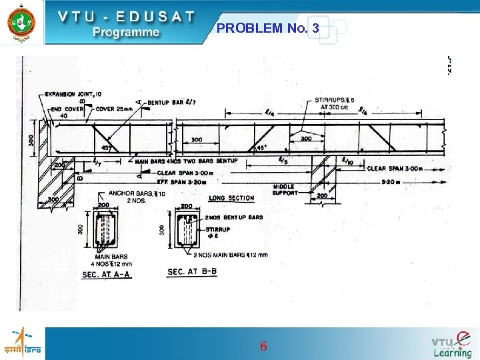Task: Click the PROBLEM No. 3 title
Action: pyautogui.click(x=268, y=28)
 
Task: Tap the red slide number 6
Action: pyautogui.click(x=263, y=346)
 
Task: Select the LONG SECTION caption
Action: pyautogui.click(x=231, y=198)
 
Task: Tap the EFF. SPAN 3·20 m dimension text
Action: pyautogui.click(x=185, y=180)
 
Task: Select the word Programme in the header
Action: pyautogui.click(x=126, y=31)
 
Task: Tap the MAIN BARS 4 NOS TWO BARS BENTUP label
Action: pyautogui.click(x=185, y=161)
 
